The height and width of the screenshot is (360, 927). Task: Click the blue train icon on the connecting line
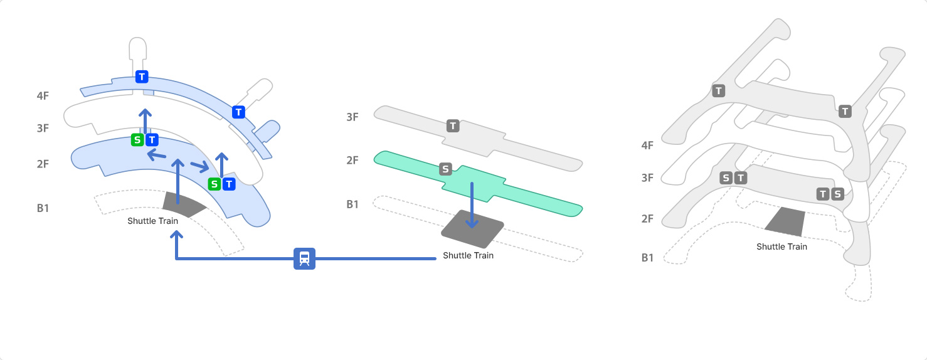pos(305,258)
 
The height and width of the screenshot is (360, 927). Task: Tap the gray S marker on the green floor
pos(445,169)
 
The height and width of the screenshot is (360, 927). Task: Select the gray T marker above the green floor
pos(453,126)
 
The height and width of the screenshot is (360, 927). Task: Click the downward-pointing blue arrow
pos(472,206)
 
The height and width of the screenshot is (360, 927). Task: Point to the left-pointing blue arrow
pos(156,155)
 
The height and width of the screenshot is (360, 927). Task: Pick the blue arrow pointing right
pos(200,166)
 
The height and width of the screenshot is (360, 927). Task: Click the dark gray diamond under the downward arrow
pos(472,230)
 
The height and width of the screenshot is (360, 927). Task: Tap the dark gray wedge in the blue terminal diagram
pos(184,204)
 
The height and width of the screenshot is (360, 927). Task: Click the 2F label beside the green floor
pos(352,161)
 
